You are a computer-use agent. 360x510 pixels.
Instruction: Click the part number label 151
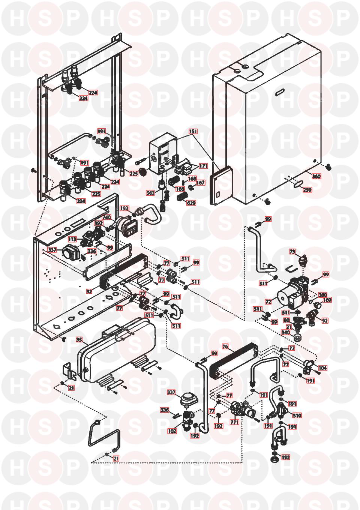point(193,132)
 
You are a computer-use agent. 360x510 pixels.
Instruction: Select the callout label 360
point(316,176)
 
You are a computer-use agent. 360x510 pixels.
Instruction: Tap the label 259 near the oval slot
point(307,190)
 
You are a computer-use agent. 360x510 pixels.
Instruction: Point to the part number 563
point(150,193)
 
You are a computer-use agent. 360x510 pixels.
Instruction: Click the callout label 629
point(191,203)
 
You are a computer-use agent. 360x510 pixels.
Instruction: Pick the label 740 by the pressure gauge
point(106,217)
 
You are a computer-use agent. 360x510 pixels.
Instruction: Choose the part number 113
point(72,239)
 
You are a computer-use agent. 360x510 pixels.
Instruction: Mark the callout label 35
point(79,340)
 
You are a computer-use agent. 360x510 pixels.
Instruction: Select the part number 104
point(322,368)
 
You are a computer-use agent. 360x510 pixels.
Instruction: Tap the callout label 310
point(297,415)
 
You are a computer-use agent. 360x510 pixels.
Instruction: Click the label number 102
point(172,431)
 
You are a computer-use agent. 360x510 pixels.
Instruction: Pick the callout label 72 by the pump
point(279,301)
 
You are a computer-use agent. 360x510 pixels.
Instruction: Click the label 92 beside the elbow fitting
point(325,321)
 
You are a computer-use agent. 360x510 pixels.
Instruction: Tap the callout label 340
point(286,332)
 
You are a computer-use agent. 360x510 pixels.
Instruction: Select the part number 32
point(89,291)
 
